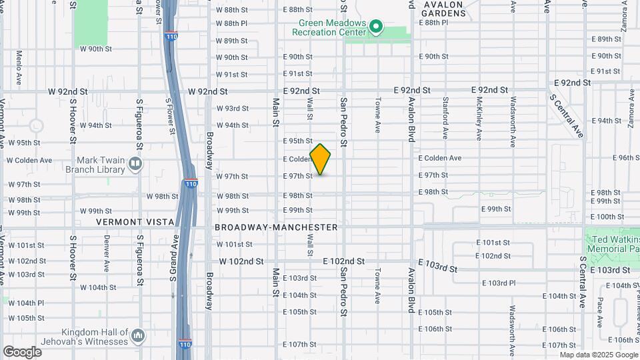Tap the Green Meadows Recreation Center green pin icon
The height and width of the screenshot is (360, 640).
pyautogui.click(x=376, y=27)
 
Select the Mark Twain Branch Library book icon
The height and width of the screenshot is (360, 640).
pyautogui.click(x=135, y=163)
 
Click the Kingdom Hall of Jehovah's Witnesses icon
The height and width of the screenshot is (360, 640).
pyautogui.click(x=138, y=334)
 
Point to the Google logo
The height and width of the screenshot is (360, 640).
pyautogui.click(x=22, y=351)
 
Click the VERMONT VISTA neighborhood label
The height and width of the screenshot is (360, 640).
pyautogui.click(x=135, y=221)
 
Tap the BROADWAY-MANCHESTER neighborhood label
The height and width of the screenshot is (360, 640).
pyautogui.click(x=276, y=227)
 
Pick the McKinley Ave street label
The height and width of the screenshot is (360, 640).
pyautogui.click(x=479, y=118)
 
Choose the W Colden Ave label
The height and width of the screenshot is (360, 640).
pyautogui.click(x=29, y=160)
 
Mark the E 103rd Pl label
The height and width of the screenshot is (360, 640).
pyautogui.click(x=498, y=283)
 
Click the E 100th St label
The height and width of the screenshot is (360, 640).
pyautogui.click(x=605, y=217)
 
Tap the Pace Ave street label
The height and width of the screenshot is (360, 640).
pyautogui.click(x=600, y=312)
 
